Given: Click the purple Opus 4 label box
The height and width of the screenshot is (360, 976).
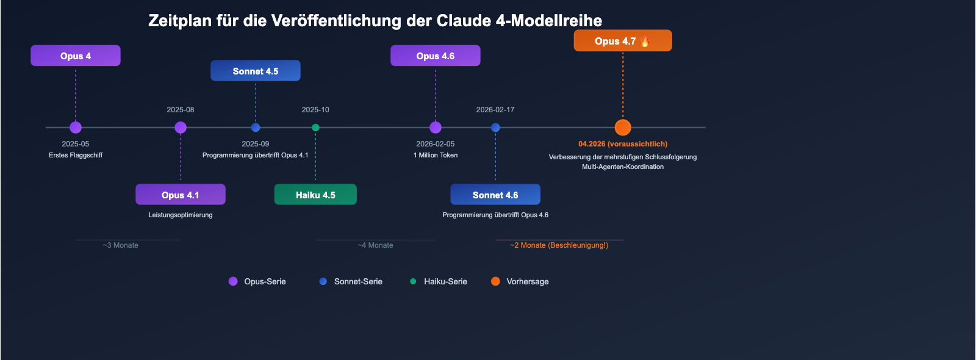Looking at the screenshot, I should point(76,56).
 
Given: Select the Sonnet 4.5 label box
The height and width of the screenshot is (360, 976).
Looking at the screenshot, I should point(255,71).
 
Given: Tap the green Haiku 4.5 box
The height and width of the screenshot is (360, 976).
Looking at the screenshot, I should point(315,195).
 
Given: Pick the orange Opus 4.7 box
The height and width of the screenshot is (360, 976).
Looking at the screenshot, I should point(622,41).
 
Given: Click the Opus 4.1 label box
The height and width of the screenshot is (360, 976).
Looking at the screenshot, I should point(180,195).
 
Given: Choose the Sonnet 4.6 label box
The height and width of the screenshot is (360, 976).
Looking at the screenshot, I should point(495,195).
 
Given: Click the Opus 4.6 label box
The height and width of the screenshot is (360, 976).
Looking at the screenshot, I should point(435,56).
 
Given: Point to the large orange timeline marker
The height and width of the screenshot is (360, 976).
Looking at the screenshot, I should point(623,128).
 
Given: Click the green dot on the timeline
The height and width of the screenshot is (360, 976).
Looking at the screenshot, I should point(315,128).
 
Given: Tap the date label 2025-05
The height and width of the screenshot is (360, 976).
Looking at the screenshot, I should point(76,144).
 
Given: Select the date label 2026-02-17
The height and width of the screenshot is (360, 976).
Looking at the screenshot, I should point(495,110).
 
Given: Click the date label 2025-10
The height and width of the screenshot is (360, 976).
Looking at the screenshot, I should point(315,110).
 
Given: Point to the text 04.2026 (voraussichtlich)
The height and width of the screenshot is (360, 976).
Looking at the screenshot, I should point(623,144).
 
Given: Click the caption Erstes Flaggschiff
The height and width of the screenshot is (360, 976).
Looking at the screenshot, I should point(76,155).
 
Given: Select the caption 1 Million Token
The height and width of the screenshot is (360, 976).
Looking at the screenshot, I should point(436,155).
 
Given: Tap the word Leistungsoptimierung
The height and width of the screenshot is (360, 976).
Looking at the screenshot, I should point(180,215).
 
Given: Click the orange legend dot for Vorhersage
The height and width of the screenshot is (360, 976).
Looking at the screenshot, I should point(495,281).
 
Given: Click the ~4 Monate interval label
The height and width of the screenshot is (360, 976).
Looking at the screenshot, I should point(375,245).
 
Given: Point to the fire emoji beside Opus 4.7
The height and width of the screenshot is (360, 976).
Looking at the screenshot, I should point(645,41).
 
